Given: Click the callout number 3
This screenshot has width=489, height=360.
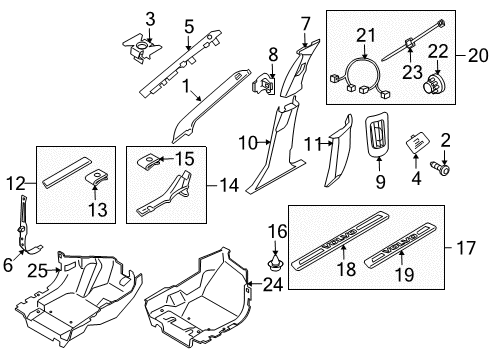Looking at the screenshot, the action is [150, 19].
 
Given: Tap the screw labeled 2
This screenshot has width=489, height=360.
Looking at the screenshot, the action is [440, 167].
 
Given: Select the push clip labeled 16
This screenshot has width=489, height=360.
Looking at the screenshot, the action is [275, 262].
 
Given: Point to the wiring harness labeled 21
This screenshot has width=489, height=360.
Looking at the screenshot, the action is [359, 78].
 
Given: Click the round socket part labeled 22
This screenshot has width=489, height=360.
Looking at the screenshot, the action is [433, 83].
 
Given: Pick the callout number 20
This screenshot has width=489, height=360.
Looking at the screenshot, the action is [478, 55].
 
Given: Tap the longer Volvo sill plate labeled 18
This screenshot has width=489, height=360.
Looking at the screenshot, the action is [340, 240].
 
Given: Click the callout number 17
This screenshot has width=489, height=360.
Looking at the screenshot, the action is [466, 248].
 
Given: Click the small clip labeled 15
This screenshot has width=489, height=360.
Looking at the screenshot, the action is [149, 161].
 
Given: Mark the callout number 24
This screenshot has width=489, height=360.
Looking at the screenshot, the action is [273, 285].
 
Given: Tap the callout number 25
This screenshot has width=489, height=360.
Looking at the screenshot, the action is [37, 270].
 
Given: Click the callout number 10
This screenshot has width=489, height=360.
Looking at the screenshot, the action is [248, 143].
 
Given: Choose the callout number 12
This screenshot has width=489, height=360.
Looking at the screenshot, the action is [16, 184].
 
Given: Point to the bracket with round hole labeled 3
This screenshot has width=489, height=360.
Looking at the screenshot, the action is [142, 49].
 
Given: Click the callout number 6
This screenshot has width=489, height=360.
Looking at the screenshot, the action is [8, 265].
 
